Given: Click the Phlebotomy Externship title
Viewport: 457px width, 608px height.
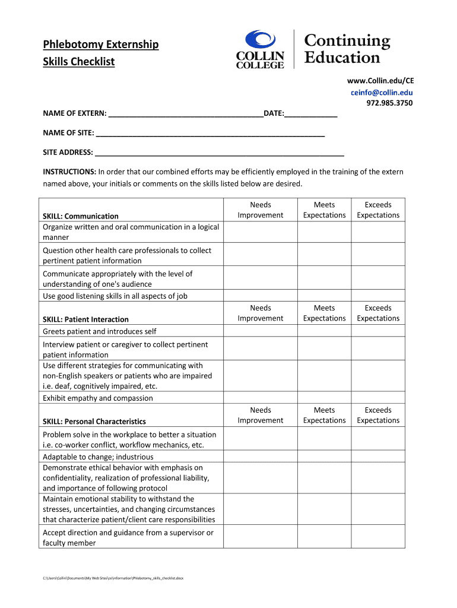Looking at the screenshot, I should (x=100, y=45).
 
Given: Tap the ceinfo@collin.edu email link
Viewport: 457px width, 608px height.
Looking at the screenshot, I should (x=381, y=92).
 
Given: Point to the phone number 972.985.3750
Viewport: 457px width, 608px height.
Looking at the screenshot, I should (x=389, y=103).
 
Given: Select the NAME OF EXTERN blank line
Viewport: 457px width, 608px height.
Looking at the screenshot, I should (x=186, y=113).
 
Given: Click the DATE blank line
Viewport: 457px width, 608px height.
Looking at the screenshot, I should (x=311, y=113).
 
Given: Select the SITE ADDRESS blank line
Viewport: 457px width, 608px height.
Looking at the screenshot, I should (x=219, y=153).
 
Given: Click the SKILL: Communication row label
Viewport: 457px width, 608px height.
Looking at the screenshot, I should (x=81, y=216).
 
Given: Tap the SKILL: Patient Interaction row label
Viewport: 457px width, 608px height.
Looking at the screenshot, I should (x=85, y=319).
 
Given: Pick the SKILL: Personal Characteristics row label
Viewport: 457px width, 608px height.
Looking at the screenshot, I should (x=94, y=422).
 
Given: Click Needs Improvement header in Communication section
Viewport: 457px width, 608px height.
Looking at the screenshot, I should (x=261, y=210).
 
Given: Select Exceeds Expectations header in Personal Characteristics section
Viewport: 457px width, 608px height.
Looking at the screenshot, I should (x=378, y=415).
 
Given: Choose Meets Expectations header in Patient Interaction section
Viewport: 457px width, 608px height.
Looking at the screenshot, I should (x=324, y=313).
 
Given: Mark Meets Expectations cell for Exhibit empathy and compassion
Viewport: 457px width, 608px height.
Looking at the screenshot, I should (x=324, y=398).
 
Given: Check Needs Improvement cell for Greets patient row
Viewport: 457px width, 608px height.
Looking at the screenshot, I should (x=261, y=331).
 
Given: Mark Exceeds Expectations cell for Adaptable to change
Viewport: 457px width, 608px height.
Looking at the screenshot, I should (x=378, y=457).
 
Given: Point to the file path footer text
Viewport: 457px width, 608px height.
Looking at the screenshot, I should (x=113, y=578).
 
